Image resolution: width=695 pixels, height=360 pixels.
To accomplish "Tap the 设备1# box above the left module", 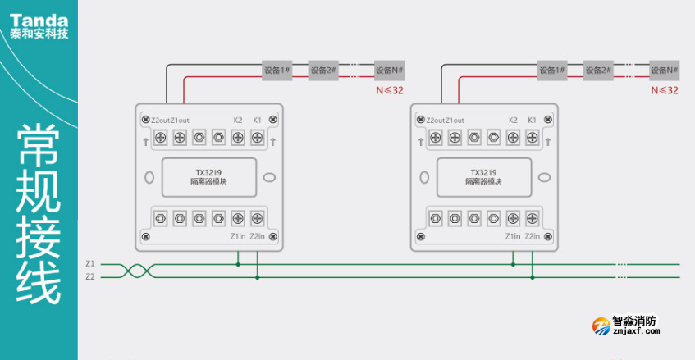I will [x=277, y=71].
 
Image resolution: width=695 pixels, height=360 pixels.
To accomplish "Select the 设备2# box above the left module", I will [x=323, y=71].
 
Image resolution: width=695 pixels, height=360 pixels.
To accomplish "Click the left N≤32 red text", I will [x=388, y=90].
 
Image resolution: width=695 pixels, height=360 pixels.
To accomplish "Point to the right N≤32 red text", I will [x=664, y=90].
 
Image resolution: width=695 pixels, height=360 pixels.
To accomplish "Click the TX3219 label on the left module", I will [x=208, y=172].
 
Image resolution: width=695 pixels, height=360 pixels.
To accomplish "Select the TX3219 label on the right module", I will [x=483, y=172].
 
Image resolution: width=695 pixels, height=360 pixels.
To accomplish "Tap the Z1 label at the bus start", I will [x=89, y=264].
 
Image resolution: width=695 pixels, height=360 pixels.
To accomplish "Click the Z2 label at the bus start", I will [x=89, y=277].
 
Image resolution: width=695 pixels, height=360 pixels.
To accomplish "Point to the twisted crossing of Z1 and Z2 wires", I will [x=136, y=271].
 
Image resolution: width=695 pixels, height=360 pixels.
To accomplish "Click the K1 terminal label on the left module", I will [x=257, y=121].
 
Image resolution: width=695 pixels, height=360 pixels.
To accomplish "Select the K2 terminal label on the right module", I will [x=513, y=121].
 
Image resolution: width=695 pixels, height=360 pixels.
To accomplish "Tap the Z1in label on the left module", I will [x=237, y=236].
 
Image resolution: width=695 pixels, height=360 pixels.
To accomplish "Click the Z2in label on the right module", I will [x=533, y=236].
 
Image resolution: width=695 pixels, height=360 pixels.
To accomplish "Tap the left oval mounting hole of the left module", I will [x=149, y=177].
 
